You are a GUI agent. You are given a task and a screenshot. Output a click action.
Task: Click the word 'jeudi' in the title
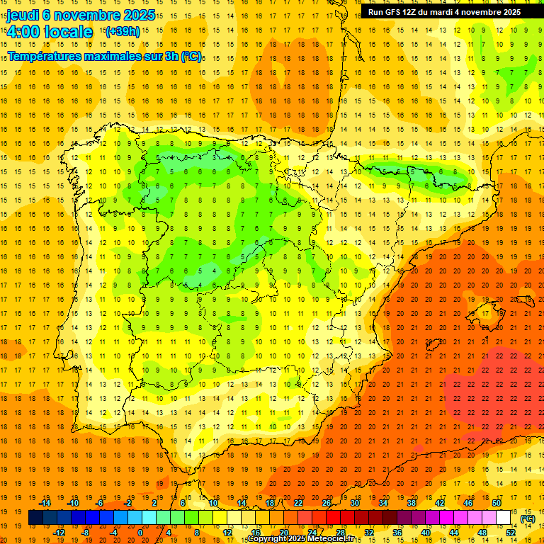coord(23,15)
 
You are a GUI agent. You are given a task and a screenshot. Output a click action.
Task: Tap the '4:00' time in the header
coord(23,32)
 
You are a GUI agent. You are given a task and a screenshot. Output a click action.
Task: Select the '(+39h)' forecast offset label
coord(123,31)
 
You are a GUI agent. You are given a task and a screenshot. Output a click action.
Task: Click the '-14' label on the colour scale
coord(45,503)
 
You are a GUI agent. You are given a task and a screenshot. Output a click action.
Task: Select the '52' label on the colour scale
coord(511,533)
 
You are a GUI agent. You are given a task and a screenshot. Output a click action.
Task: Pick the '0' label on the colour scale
coord(140,533)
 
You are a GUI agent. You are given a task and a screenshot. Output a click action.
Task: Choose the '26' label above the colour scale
coord(327,503)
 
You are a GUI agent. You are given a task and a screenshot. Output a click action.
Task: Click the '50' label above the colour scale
coord(497,503)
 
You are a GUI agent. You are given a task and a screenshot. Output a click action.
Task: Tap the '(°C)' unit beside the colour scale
coord(527,518)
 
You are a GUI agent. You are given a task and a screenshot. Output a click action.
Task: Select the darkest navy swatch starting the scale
coord(35,518)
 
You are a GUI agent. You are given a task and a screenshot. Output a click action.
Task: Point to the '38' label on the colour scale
coord(412,503)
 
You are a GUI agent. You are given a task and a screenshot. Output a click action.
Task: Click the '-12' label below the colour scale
coord(59,533)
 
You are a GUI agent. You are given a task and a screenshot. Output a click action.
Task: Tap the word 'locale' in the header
coord(68,32)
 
